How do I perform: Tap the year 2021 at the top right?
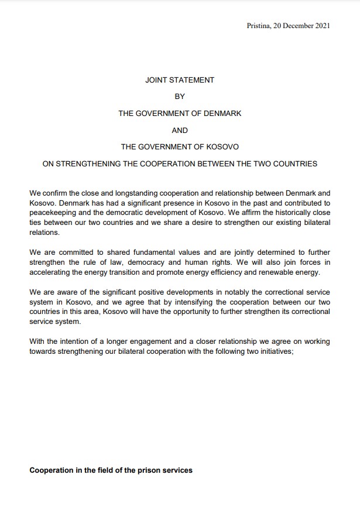click(321, 25)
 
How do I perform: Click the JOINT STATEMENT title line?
click(180, 80)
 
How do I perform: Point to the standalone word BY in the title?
click(180, 97)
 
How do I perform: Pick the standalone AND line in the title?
click(180, 130)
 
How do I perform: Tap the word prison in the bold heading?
click(148, 470)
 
